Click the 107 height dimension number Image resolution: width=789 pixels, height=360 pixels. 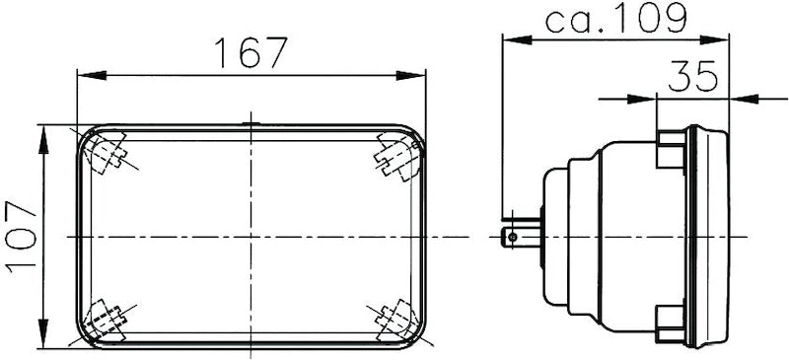[21, 237]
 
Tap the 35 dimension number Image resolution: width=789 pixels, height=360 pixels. [692, 77]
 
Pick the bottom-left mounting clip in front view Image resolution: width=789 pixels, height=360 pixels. [106, 319]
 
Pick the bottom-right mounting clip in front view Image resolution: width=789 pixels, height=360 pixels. [395, 318]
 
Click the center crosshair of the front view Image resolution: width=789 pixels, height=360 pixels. [251, 237]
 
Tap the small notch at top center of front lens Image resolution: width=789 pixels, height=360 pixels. [251, 124]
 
